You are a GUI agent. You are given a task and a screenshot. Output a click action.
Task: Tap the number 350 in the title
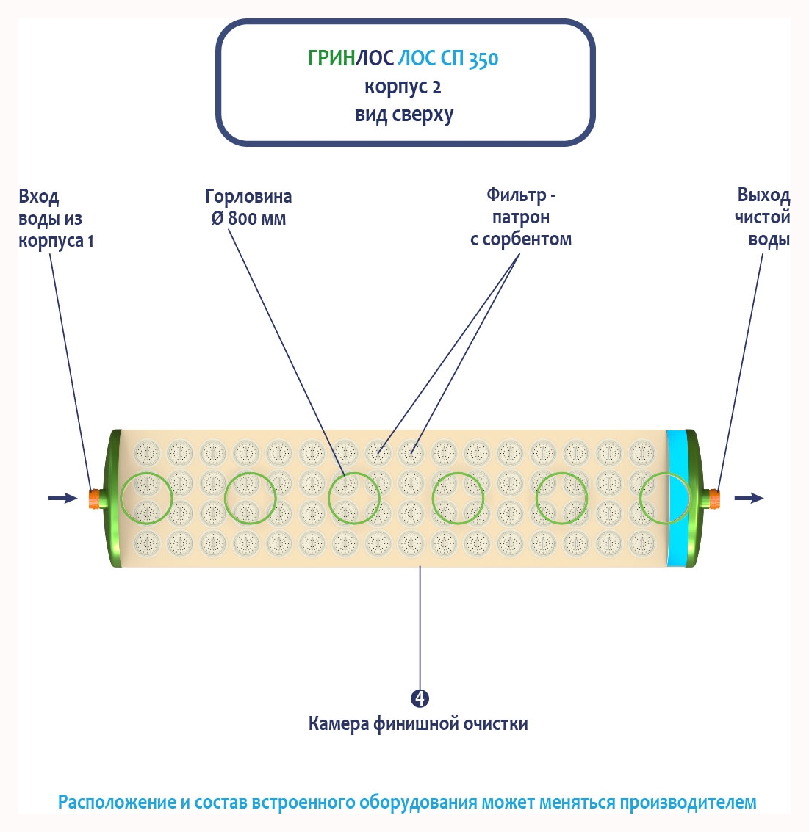click(x=483, y=59)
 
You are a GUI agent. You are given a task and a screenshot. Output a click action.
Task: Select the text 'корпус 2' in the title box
click(x=403, y=87)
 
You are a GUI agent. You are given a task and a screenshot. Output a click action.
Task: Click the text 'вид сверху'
click(x=403, y=115)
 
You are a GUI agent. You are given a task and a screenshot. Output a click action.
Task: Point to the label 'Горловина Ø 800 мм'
click(x=248, y=207)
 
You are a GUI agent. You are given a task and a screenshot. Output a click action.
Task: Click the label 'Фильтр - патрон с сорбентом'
click(x=521, y=217)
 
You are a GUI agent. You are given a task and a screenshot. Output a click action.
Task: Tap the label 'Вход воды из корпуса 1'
click(x=56, y=218)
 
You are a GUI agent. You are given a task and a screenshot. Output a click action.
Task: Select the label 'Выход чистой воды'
click(x=763, y=217)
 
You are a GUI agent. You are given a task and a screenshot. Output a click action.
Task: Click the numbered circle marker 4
click(x=420, y=698)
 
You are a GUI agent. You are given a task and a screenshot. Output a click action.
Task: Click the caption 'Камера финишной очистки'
click(x=418, y=724)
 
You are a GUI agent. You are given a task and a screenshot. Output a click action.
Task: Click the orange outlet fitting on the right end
click(x=712, y=499)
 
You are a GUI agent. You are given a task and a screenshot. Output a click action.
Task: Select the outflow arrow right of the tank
click(x=749, y=499)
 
